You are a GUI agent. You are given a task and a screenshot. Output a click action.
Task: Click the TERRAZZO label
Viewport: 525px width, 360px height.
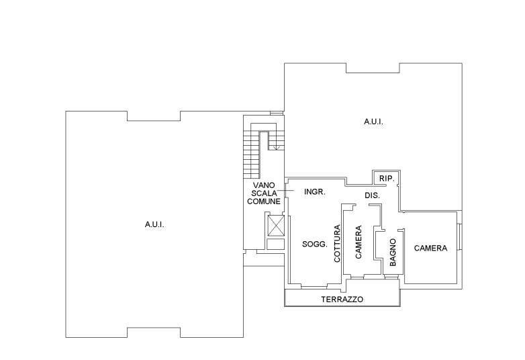pos(342,300)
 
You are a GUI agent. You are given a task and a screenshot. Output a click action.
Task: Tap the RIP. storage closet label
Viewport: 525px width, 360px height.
pos(387,179)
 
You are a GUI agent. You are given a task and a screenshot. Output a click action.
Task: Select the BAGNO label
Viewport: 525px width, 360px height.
pos(393,252)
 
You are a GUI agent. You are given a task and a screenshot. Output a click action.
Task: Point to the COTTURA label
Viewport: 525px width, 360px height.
pos(337,243)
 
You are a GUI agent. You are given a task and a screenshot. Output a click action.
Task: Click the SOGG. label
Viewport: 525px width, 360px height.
pos(314,244)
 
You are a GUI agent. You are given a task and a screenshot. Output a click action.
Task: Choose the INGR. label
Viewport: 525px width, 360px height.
pos(315,192)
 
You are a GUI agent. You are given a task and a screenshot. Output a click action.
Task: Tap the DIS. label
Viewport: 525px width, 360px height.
pos(372,195)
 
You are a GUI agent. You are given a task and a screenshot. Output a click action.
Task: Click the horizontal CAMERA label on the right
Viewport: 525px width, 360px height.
pos(430,248)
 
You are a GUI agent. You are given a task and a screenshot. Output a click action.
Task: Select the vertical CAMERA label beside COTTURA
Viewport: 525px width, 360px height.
pos(359,242)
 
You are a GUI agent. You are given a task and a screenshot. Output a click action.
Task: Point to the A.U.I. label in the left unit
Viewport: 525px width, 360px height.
pos(154,225)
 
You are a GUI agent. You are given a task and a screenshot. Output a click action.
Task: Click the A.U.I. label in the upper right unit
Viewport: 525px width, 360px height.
pos(373,122)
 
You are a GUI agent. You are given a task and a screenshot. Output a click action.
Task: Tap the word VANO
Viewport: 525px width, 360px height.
pos(264,185)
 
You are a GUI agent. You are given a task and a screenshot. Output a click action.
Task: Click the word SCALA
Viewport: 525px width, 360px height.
pos(264,193)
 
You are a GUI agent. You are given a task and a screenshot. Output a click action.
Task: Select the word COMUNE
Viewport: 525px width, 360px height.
pos(264,201)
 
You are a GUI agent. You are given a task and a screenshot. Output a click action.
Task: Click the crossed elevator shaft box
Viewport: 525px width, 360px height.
pos(276,226)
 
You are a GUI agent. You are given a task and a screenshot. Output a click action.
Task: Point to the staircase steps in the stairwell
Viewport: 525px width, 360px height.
pos(251,154)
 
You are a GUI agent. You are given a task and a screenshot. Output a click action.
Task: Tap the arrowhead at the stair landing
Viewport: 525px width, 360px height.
pos(276,148)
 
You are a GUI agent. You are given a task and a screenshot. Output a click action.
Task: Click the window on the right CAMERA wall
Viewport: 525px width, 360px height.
pos(460,236)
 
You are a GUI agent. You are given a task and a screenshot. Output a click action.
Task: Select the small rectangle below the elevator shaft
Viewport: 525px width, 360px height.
pos(276,244)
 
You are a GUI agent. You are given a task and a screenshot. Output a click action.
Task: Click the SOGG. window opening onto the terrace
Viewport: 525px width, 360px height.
pos(314,286)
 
